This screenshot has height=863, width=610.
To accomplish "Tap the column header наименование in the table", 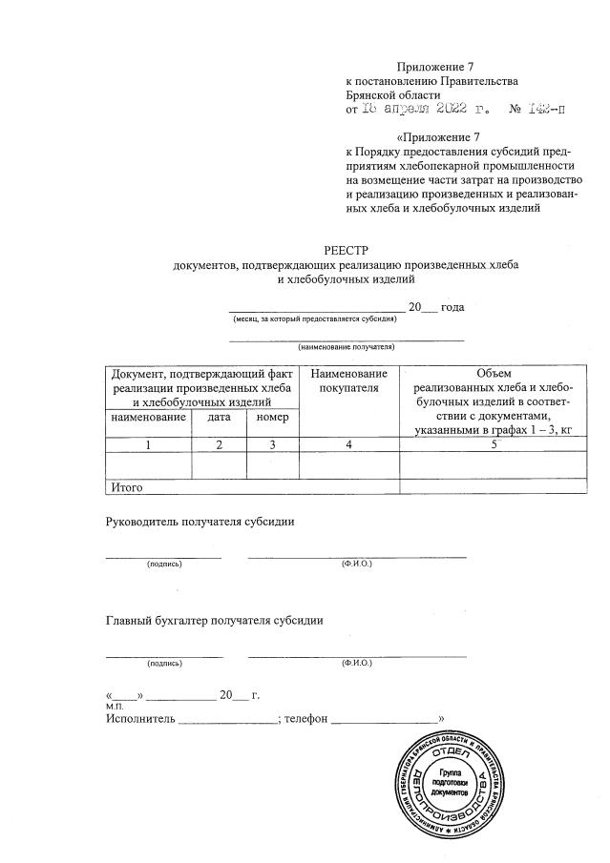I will coord(148,418).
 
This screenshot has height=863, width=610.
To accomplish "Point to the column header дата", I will coord(219,418).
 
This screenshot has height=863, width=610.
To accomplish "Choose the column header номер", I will coord(272,418).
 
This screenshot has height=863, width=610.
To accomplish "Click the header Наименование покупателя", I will coord(348,380).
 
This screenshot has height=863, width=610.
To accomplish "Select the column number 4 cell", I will coord(348,444).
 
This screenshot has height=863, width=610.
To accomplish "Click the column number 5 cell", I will coord(494,444).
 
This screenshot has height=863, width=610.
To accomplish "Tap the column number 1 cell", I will coord(148,444).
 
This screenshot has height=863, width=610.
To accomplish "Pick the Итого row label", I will coord(127,487).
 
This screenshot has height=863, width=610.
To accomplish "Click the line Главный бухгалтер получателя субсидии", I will coord(213,621).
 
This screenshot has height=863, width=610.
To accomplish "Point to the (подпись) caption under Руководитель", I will coord(164,564).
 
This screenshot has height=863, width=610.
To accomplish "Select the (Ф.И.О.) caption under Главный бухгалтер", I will coord(356,663).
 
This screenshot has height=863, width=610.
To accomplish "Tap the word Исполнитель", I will coord(140,718).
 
